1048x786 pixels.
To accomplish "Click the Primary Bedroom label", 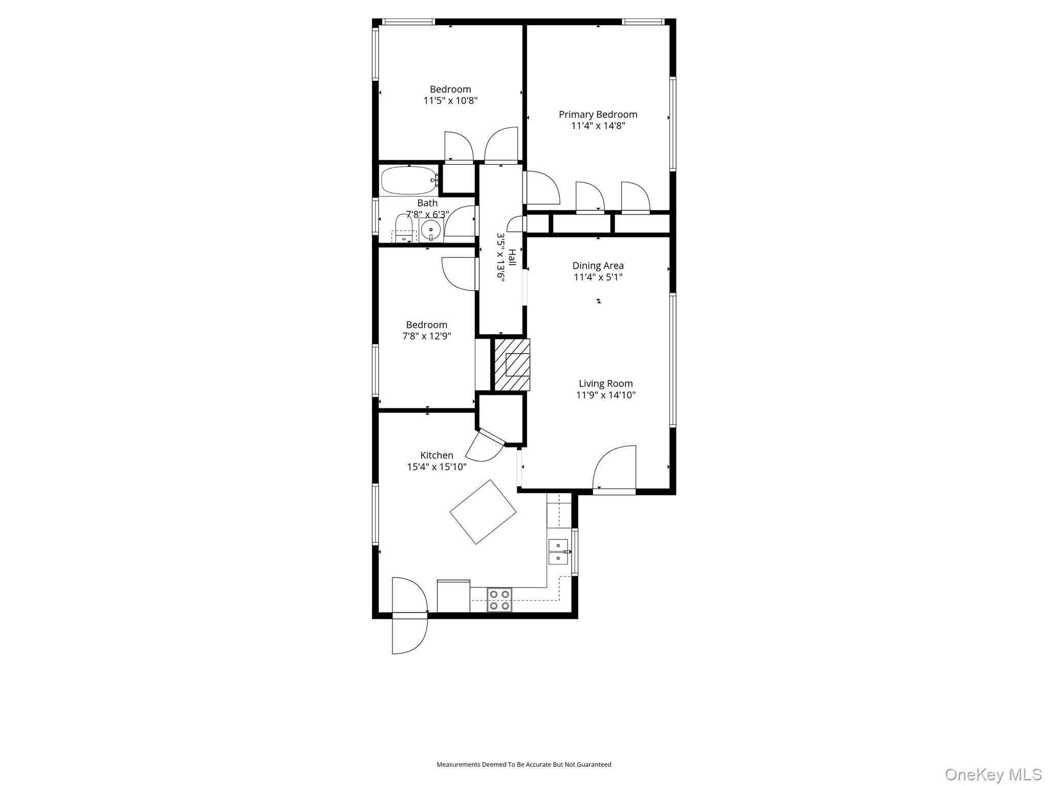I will (x=598, y=115).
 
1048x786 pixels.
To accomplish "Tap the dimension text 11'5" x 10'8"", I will (x=450, y=101).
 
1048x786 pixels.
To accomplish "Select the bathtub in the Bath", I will (x=408, y=180).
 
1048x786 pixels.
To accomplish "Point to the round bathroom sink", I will (x=431, y=231).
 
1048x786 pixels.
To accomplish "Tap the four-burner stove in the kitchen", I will (x=499, y=600).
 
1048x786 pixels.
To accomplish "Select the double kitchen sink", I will (x=558, y=552).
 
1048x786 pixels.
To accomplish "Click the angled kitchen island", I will (x=483, y=512).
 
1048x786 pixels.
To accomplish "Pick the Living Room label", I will (x=605, y=384).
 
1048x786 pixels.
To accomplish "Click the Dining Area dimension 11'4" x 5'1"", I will (x=598, y=277).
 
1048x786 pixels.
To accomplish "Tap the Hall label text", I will (x=512, y=257).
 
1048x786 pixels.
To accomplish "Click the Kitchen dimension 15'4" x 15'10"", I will (x=436, y=467).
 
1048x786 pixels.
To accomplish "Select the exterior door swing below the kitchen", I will (x=409, y=636).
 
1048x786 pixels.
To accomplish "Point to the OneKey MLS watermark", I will (x=993, y=774).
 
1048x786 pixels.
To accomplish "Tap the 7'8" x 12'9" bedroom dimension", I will (x=426, y=336).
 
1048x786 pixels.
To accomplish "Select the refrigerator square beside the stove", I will (x=453, y=596).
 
